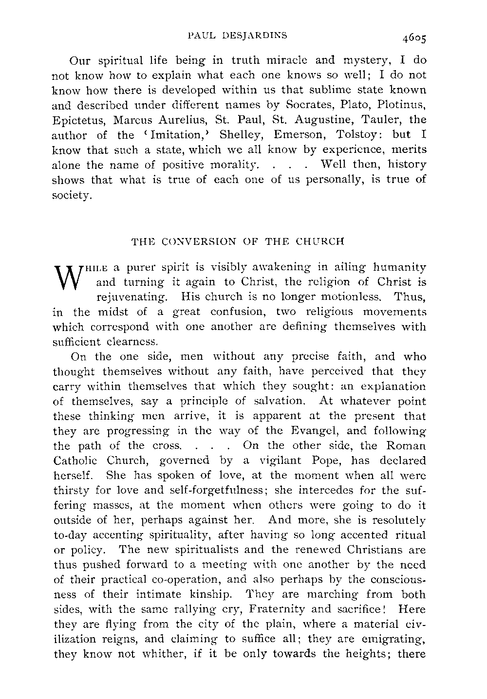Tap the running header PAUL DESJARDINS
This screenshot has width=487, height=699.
[238, 35]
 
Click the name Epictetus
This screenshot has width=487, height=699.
[75, 120]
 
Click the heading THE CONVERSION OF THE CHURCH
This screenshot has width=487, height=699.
[238, 241]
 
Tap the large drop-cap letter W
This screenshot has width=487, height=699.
[67, 277]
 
